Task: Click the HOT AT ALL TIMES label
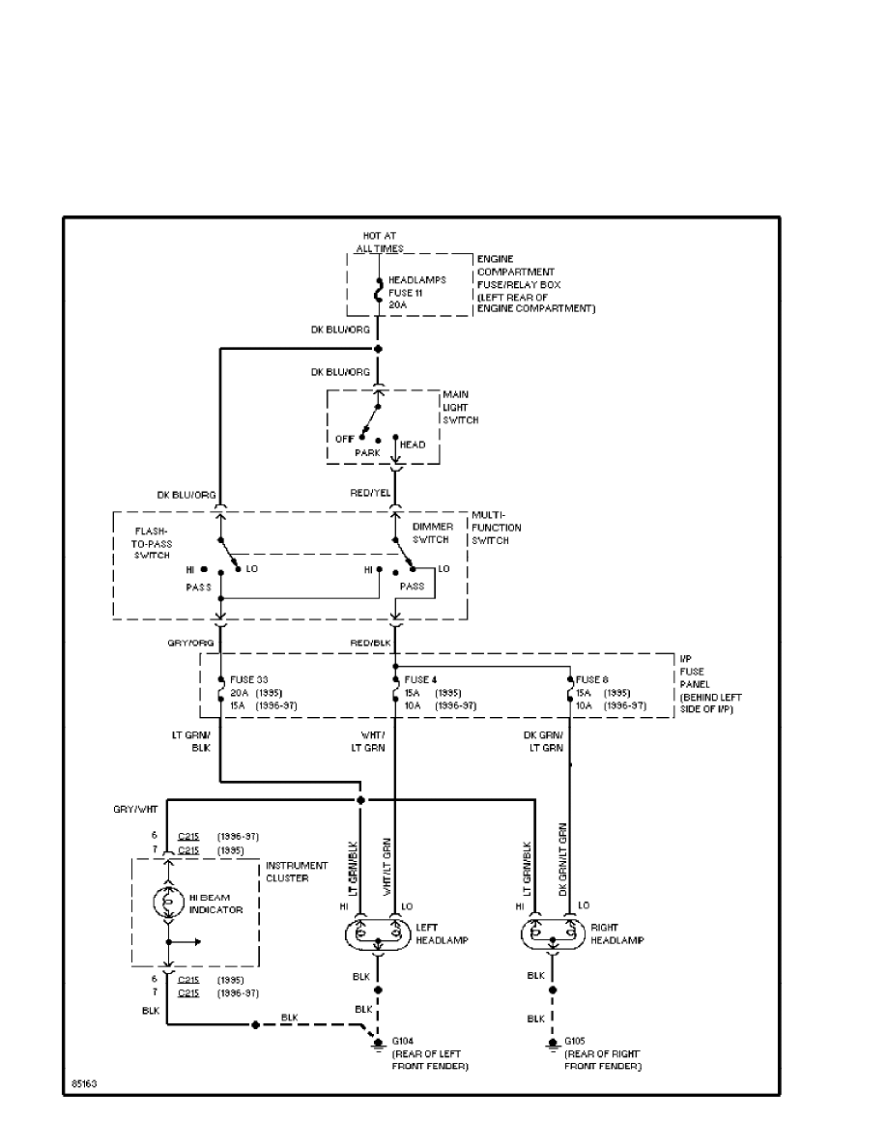click(379, 242)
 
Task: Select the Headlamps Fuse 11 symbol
click(378, 291)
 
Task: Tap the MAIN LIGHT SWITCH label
click(460, 408)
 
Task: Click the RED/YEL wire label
click(370, 494)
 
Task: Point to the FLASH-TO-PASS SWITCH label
click(153, 542)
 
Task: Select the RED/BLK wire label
click(370, 642)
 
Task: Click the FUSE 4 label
click(419, 678)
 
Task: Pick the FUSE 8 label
click(593, 678)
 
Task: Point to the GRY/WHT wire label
click(136, 806)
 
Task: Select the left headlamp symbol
click(377, 934)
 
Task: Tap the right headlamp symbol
click(552, 934)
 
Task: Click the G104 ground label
click(402, 1041)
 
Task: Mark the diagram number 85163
click(83, 1083)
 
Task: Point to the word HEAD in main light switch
click(413, 445)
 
